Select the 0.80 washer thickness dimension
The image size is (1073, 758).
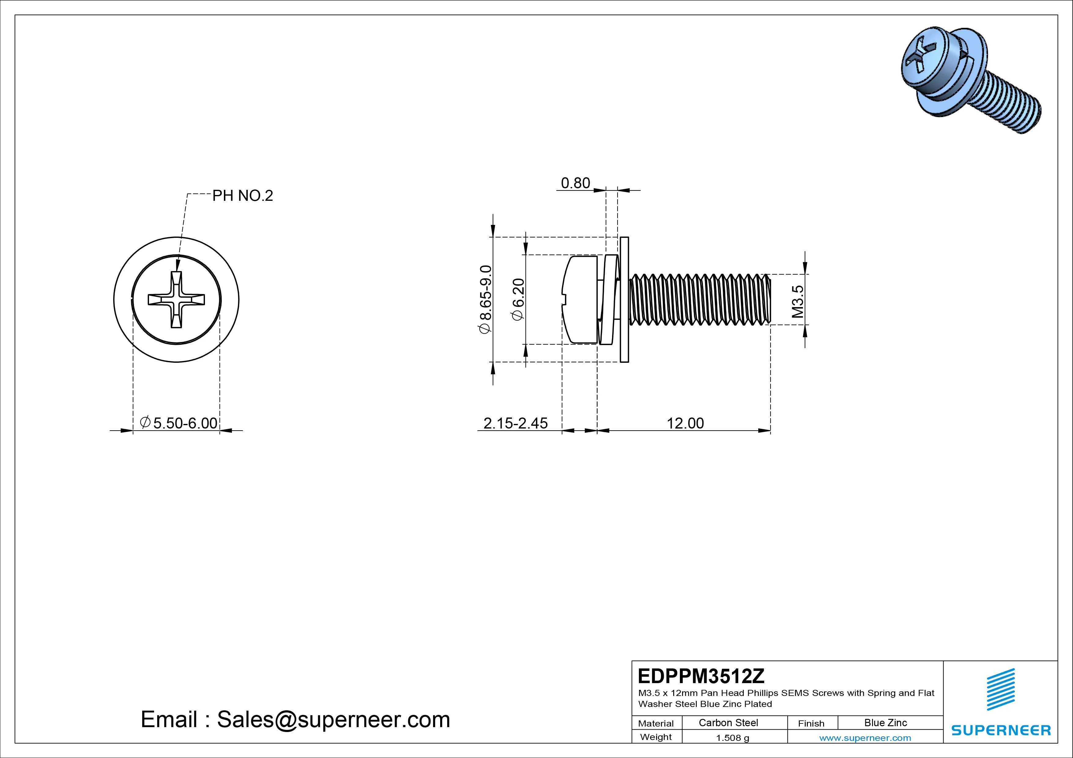575,183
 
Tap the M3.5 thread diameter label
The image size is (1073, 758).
798,302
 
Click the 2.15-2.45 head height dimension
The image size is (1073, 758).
515,423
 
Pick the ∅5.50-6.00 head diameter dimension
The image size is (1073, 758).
179,423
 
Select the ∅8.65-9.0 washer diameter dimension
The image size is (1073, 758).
485,299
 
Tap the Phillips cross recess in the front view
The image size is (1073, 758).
176,299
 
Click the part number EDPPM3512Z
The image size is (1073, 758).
701,676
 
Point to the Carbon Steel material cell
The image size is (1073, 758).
728,723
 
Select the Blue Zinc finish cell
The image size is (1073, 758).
885,723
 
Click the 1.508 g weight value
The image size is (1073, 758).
732,738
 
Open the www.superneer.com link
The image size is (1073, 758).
865,738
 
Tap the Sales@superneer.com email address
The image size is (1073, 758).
333,719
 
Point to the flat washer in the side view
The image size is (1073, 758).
624,299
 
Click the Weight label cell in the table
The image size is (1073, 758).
656,737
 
